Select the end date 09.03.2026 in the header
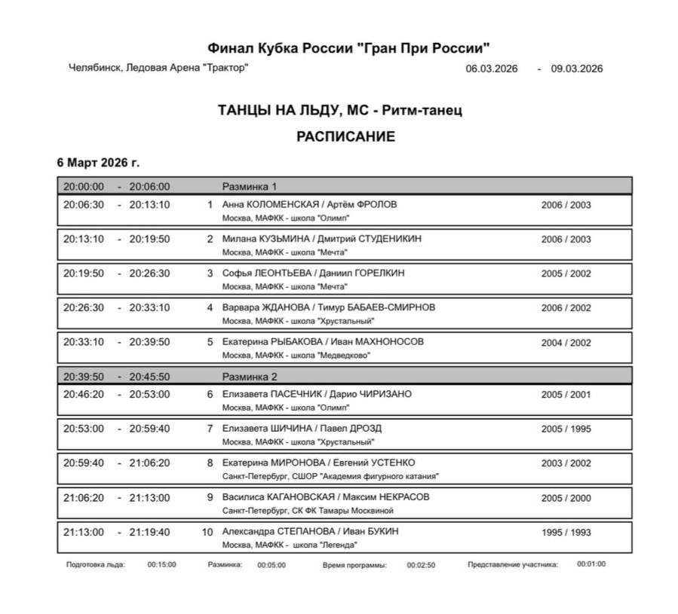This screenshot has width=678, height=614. pos(576,69)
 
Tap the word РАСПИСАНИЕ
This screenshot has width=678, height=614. pos(345,136)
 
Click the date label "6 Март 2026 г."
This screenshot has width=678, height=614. pos(98,162)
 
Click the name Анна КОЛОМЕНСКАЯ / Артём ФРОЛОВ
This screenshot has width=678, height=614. pos(309,204)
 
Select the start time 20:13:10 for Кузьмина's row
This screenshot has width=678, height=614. pos(84,239)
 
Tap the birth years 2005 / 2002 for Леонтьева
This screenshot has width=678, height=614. pos(566,273)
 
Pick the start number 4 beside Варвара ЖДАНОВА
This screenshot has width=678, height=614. pos(210,307)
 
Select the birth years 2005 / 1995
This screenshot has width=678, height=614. pos(566,429)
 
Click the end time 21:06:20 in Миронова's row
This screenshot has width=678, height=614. pos(149,463)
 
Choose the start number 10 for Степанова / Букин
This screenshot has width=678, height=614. pos(207,532)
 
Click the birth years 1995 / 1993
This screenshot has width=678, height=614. pos(566,532)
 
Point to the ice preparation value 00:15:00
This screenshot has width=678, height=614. pos(161,564)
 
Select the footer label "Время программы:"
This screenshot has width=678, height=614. pos(354,564)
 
